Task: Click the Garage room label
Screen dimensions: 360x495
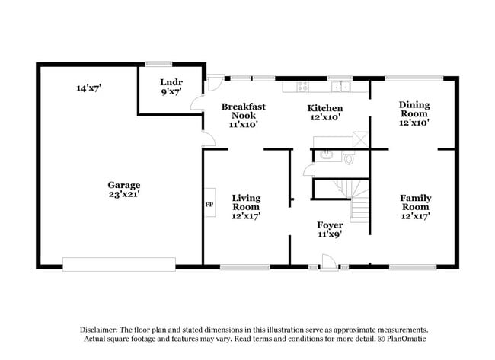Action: pyautogui.click(x=123, y=184)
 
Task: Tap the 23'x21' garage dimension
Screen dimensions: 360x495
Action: pyautogui.click(x=123, y=194)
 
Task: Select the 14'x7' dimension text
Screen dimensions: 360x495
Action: pyautogui.click(x=88, y=88)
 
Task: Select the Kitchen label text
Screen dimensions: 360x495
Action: pyautogui.click(x=324, y=107)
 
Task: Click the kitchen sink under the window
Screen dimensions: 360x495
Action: pyautogui.click(x=338, y=85)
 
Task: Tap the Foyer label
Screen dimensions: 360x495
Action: pyautogui.click(x=330, y=225)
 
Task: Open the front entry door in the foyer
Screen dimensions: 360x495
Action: pyautogui.click(x=329, y=263)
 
